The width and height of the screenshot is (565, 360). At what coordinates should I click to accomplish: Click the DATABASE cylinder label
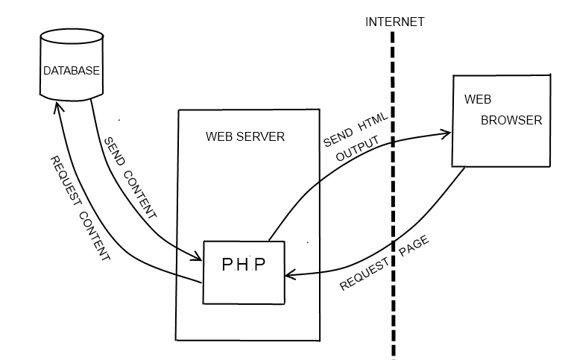(71, 72)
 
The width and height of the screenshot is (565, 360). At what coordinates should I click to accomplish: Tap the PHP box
(244, 271)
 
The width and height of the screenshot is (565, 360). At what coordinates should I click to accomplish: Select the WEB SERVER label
(245, 137)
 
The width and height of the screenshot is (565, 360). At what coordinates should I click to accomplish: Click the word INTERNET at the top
(394, 22)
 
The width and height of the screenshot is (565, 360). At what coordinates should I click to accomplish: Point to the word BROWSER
(511, 120)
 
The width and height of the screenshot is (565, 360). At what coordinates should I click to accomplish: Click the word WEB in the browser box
(478, 98)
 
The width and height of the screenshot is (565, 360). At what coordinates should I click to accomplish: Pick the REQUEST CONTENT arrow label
(79, 208)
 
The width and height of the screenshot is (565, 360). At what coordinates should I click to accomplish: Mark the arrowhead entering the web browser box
(447, 134)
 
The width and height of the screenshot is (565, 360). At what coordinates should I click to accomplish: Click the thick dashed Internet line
(392, 186)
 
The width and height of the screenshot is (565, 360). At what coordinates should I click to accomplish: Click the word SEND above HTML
(336, 139)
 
